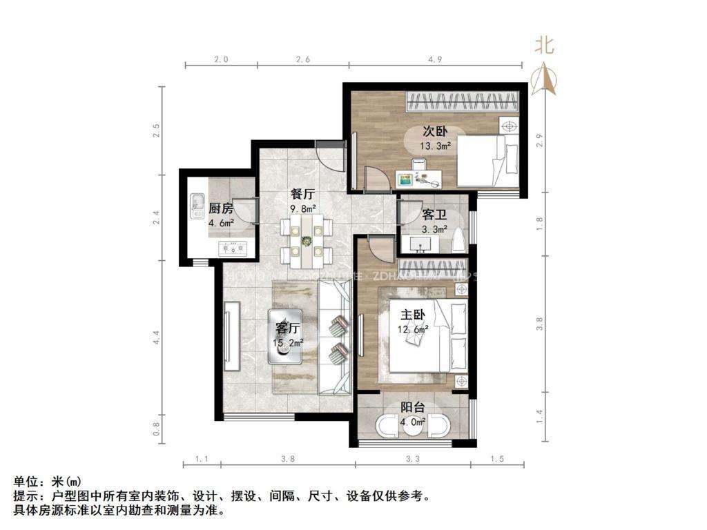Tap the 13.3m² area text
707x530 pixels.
coord(435,146)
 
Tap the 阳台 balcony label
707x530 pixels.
coord(414,407)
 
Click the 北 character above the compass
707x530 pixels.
coord(545,46)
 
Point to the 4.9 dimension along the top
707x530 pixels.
coord(434,60)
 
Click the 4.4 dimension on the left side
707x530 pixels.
coord(157,337)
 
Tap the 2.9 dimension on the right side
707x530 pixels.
coord(540,140)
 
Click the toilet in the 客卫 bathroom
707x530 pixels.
coord(458,240)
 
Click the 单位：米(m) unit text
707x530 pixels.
coord(48,481)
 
